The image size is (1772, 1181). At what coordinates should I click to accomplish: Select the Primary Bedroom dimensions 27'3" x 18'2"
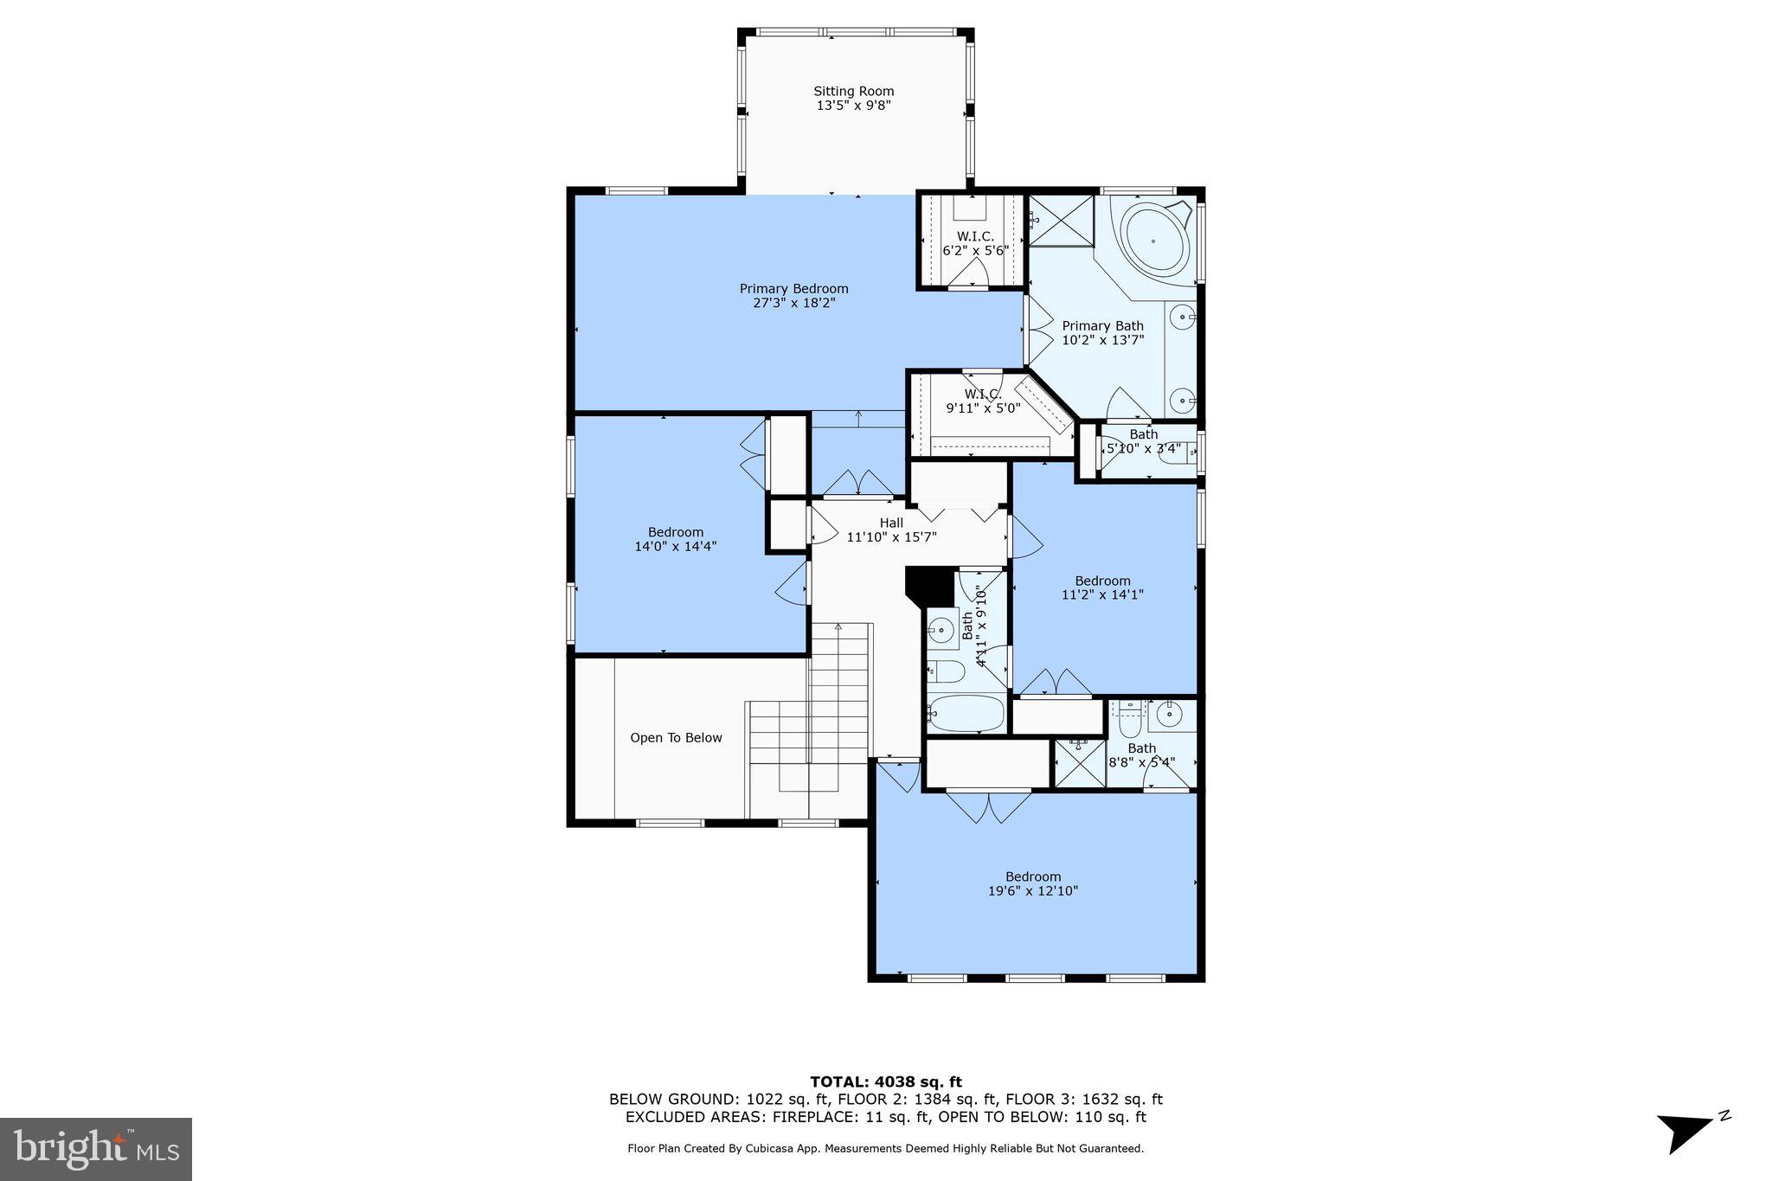click(793, 303)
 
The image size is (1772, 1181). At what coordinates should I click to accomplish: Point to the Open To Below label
click(676, 738)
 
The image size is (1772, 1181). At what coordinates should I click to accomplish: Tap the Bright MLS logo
click(96, 1149)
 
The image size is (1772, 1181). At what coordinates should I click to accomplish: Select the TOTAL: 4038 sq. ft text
click(885, 1082)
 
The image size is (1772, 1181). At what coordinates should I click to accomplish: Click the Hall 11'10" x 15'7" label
click(891, 530)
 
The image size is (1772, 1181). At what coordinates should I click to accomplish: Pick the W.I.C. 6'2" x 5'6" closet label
click(975, 244)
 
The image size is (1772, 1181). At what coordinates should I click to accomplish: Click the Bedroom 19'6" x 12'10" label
click(1032, 883)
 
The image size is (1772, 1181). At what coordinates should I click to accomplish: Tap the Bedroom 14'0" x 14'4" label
click(676, 539)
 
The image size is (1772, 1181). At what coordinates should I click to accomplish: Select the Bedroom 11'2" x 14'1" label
click(1102, 587)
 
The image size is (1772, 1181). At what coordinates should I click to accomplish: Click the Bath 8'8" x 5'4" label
click(1141, 755)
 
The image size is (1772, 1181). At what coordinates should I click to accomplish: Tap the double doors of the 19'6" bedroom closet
click(988, 806)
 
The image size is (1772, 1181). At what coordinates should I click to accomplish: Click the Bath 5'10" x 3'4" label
click(1143, 441)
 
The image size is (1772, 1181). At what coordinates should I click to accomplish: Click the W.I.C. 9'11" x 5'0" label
click(983, 401)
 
